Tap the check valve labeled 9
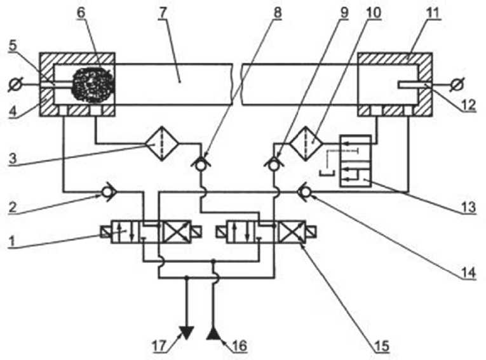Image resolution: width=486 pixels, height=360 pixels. (274, 164)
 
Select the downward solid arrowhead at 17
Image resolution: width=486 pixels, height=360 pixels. (186, 331)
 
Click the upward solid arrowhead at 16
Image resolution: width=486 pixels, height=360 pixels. (213, 331)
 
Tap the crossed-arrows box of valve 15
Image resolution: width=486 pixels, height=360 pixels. (290, 232)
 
